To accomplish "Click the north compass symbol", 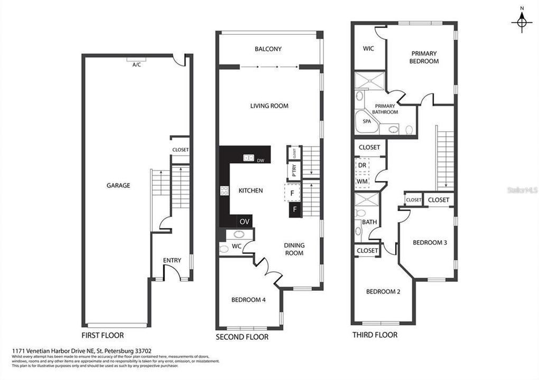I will tap(522, 22).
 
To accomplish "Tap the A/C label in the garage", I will tap(137, 64).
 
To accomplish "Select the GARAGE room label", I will tap(118, 185).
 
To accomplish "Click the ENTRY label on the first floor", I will tap(172, 260).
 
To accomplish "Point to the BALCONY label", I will tap(268, 49).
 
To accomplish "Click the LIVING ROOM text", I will tap(269, 106).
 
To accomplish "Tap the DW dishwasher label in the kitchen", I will tap(261, 161).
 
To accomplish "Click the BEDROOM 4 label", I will tap(248, 300).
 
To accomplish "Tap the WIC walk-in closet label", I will tap(368, 49).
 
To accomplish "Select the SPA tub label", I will tap(367, 121).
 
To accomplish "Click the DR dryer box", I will tap(362, 165).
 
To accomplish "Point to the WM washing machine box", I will tap(362, 181).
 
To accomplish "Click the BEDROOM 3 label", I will tap(430, 243).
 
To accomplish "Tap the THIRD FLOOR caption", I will tap(375, 335).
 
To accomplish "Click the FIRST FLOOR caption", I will tap(103, 335).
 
